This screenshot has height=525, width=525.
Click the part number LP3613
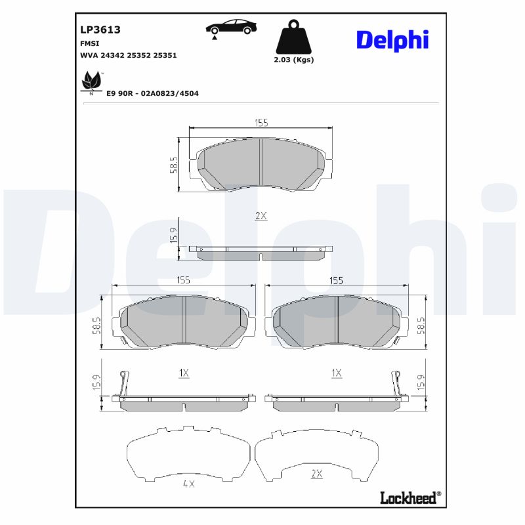point(100,30)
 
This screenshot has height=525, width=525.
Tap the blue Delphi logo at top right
point(392,39)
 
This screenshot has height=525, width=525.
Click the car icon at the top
point(231,28)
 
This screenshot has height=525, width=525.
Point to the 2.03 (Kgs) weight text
point(293,60)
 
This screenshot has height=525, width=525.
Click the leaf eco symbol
point(91,82)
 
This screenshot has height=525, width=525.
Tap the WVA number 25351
point(165,56)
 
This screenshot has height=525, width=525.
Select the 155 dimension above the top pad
point(261,123)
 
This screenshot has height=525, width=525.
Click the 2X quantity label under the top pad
point(261,216)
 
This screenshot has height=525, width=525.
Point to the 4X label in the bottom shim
point(189,484)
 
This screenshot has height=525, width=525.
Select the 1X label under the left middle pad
point(184,373)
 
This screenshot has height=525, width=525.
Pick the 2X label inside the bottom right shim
point(317,473)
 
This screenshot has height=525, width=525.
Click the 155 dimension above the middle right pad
point(336,280)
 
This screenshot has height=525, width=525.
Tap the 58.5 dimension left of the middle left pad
point(97,324)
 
